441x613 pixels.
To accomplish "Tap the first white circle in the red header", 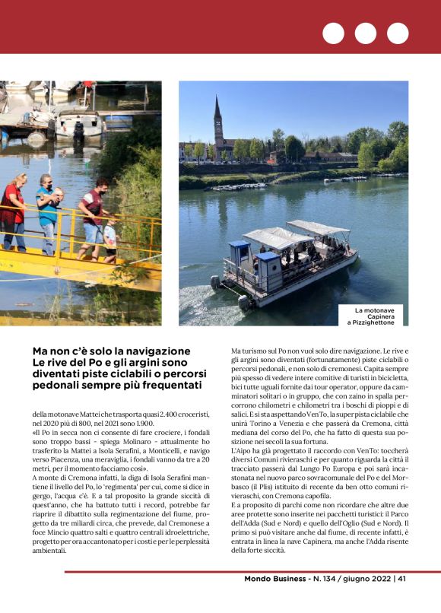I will pyautogui.click(x=333, y=33).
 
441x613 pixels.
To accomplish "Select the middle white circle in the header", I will pyautogui.click(x=365, y=33).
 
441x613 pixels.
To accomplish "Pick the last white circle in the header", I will pyautogui.click(x=397, y=33).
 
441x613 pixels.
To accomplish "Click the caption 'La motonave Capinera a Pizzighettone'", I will pyautogui.click(x=376, y=316).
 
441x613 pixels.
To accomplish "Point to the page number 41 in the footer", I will pyautogui.click(x=401, y=579).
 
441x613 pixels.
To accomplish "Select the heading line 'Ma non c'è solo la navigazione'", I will pyautogui.click(x=111, y=351).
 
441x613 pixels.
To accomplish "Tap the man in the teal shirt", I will pyautogui.click(x=48, y=213).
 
